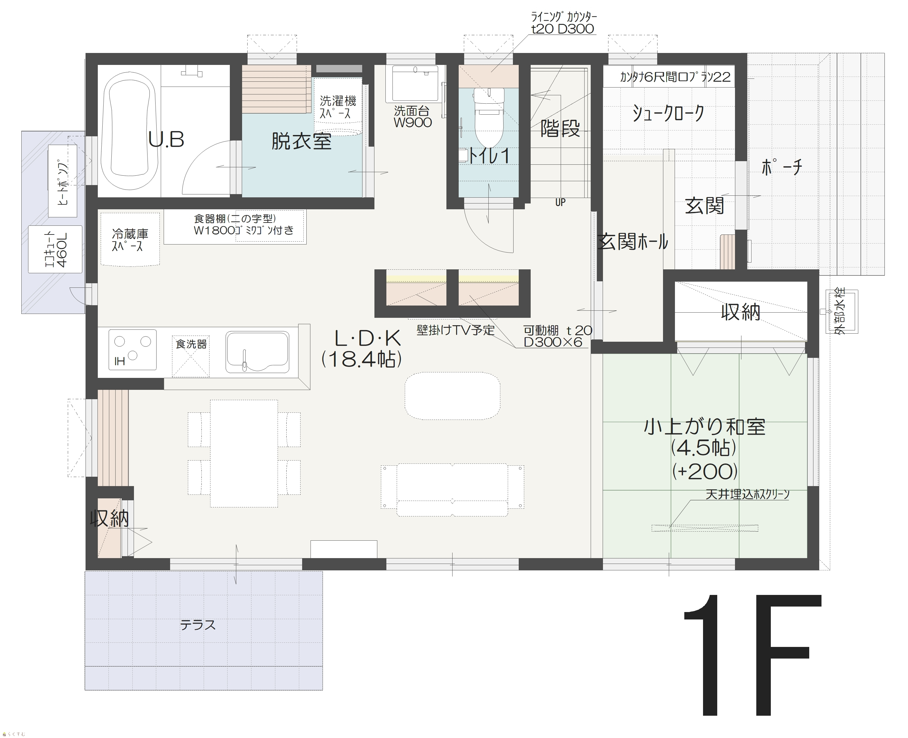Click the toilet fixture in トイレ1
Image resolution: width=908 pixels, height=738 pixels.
pyautogui.click(x=489, y=117)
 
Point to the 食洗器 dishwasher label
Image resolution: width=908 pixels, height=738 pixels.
pyautogui.click(x=191, y=344)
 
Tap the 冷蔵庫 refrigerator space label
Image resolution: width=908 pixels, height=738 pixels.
pyautogui.click(x=130, y=240)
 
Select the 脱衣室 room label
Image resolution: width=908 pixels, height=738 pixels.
pyautogui.click(x=301, y=141)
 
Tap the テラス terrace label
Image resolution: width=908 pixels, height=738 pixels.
pyautogui.click(x=198, y=625)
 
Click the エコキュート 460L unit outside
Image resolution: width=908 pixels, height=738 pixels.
pyautogui.click(x=55, y=249)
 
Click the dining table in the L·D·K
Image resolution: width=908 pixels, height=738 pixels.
pyautogui.click(x=244, y=453)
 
